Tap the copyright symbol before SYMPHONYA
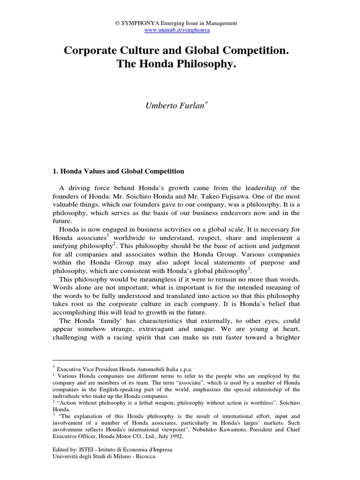(118, 23)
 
